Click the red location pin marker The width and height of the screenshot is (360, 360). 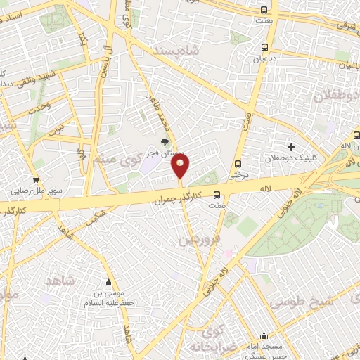coord(181,166)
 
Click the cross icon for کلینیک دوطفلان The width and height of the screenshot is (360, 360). coord(290,146)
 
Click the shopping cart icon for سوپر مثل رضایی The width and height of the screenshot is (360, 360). coord(35,181)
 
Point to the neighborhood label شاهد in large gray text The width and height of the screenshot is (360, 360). coord(59,281)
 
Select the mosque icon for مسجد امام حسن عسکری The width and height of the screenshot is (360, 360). coord(263,336)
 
